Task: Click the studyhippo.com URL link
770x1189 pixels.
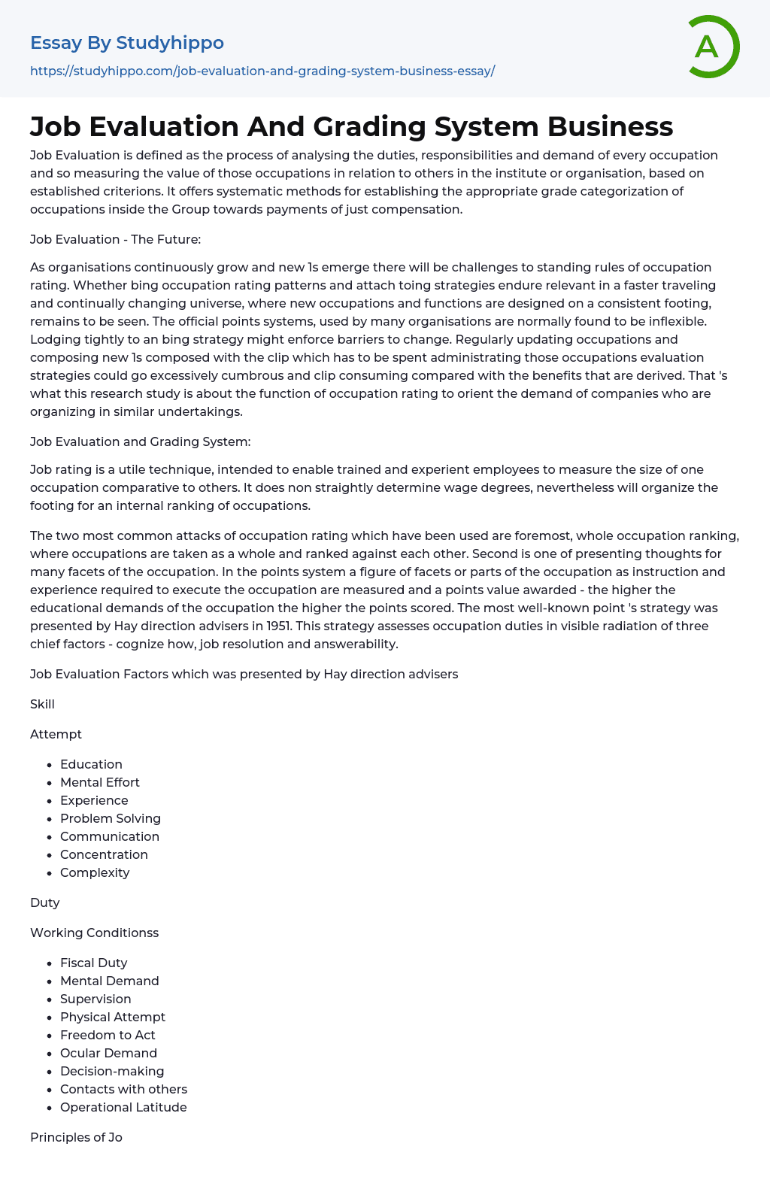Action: [x=262, y=71]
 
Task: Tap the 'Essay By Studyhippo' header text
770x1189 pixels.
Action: [x=127, y=43]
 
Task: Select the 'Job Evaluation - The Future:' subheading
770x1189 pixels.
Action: [x=115, y=239]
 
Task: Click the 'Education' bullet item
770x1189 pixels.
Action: [x=91, y=764]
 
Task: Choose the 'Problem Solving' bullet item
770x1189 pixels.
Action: [x=111, y=818]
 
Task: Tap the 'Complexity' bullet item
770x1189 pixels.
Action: [x=95, y=872]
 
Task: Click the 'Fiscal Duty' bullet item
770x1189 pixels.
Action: [x=94, y=963]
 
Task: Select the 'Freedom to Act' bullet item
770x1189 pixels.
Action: [x=108, y=1035]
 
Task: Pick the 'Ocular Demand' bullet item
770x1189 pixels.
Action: [x=108, y=1053]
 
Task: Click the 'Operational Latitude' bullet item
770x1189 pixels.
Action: [x=123, y=1107]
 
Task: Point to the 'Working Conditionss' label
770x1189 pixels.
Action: [x=95, y=933]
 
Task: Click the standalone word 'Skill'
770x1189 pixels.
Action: [x=42, y=704]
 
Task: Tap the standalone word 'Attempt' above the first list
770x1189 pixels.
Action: [x=56, y=734]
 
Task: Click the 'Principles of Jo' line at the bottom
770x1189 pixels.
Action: [x=76, y=1137]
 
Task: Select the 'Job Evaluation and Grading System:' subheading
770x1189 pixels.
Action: [x=141, y=441]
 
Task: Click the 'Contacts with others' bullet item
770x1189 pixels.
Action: [x=123, y=1089]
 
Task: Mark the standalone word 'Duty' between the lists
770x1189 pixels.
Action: [x=45, y=902]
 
